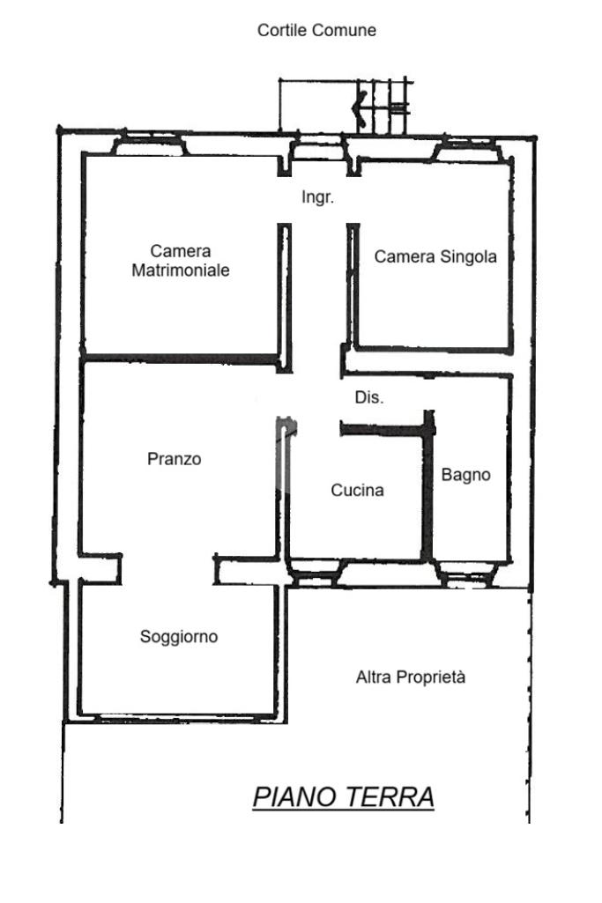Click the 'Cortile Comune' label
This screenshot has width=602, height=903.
point(316,30)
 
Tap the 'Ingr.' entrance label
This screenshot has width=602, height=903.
point(317,197)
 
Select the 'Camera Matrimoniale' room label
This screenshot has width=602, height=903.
point(181,261)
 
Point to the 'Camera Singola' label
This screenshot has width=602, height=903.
point(435,256)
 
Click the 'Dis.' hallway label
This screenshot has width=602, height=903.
point(369,397)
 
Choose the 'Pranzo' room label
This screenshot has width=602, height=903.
point(175,459)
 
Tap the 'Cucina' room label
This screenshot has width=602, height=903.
point(357,490)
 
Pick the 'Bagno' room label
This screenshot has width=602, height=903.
point(465,475)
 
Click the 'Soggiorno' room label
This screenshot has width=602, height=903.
point(179,636)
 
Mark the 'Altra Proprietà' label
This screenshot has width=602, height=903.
point(410,677)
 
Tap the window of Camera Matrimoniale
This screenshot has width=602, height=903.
point(150,145)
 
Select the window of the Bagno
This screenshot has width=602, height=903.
point(467,576)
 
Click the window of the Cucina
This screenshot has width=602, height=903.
point(315,576)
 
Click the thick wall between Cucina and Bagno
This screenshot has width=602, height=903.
point(428,489)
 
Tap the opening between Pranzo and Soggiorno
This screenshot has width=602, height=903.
point(167,569)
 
